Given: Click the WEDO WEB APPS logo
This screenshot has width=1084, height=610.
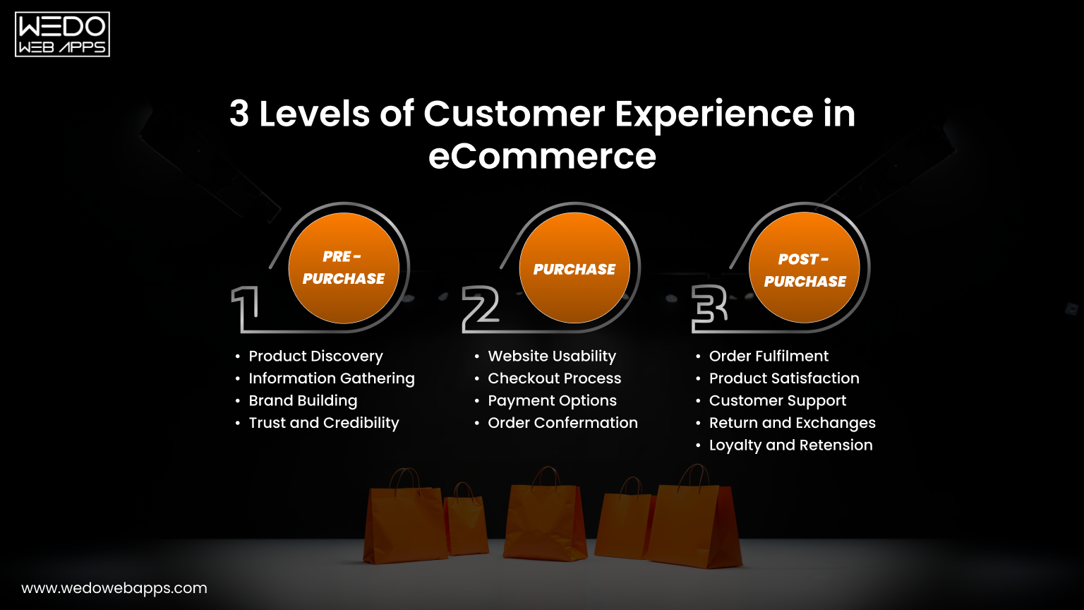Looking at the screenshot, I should (62, 34).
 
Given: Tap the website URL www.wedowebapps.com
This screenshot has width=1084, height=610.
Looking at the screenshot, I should (114, 588).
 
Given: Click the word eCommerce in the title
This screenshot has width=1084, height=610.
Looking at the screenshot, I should (542, 156).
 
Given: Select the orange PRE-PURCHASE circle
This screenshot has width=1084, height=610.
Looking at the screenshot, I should (344, 268).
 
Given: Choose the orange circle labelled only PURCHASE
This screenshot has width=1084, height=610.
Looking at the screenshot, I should (574, 269).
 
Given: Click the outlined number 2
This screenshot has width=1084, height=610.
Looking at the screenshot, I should (481, 309).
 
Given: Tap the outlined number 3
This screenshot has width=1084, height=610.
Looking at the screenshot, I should (709, 309).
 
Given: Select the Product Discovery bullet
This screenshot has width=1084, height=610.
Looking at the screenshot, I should (315, 357).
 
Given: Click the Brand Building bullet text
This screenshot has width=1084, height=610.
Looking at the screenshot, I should (303, 401).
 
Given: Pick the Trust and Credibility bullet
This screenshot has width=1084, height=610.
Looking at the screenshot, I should (324, 423).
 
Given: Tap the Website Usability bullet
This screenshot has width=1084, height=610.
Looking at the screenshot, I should (552, 357).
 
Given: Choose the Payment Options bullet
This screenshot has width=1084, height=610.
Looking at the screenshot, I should (552, 401).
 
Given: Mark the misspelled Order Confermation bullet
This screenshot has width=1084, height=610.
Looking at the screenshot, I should (562, 423).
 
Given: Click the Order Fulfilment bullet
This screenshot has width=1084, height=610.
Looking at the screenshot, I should (769, 357).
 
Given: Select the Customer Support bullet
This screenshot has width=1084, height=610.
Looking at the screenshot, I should (777, 401).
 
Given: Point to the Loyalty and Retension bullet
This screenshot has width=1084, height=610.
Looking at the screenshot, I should (790, 445).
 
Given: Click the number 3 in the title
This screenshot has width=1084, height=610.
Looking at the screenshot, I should (239, 114).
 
